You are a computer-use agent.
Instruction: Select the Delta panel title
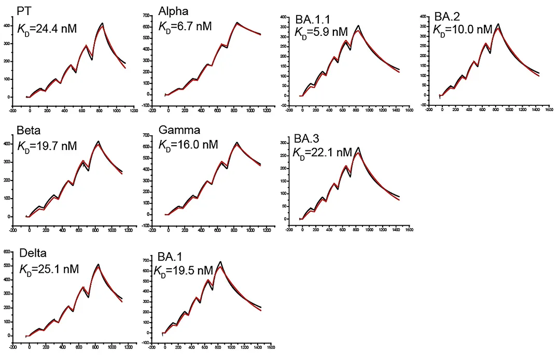click(x=33, y=253)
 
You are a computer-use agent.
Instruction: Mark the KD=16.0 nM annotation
click(x=188, y=144)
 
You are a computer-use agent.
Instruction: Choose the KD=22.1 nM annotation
click(x=322, y=152)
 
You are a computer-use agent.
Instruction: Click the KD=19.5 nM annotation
click(x=183, y=270)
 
